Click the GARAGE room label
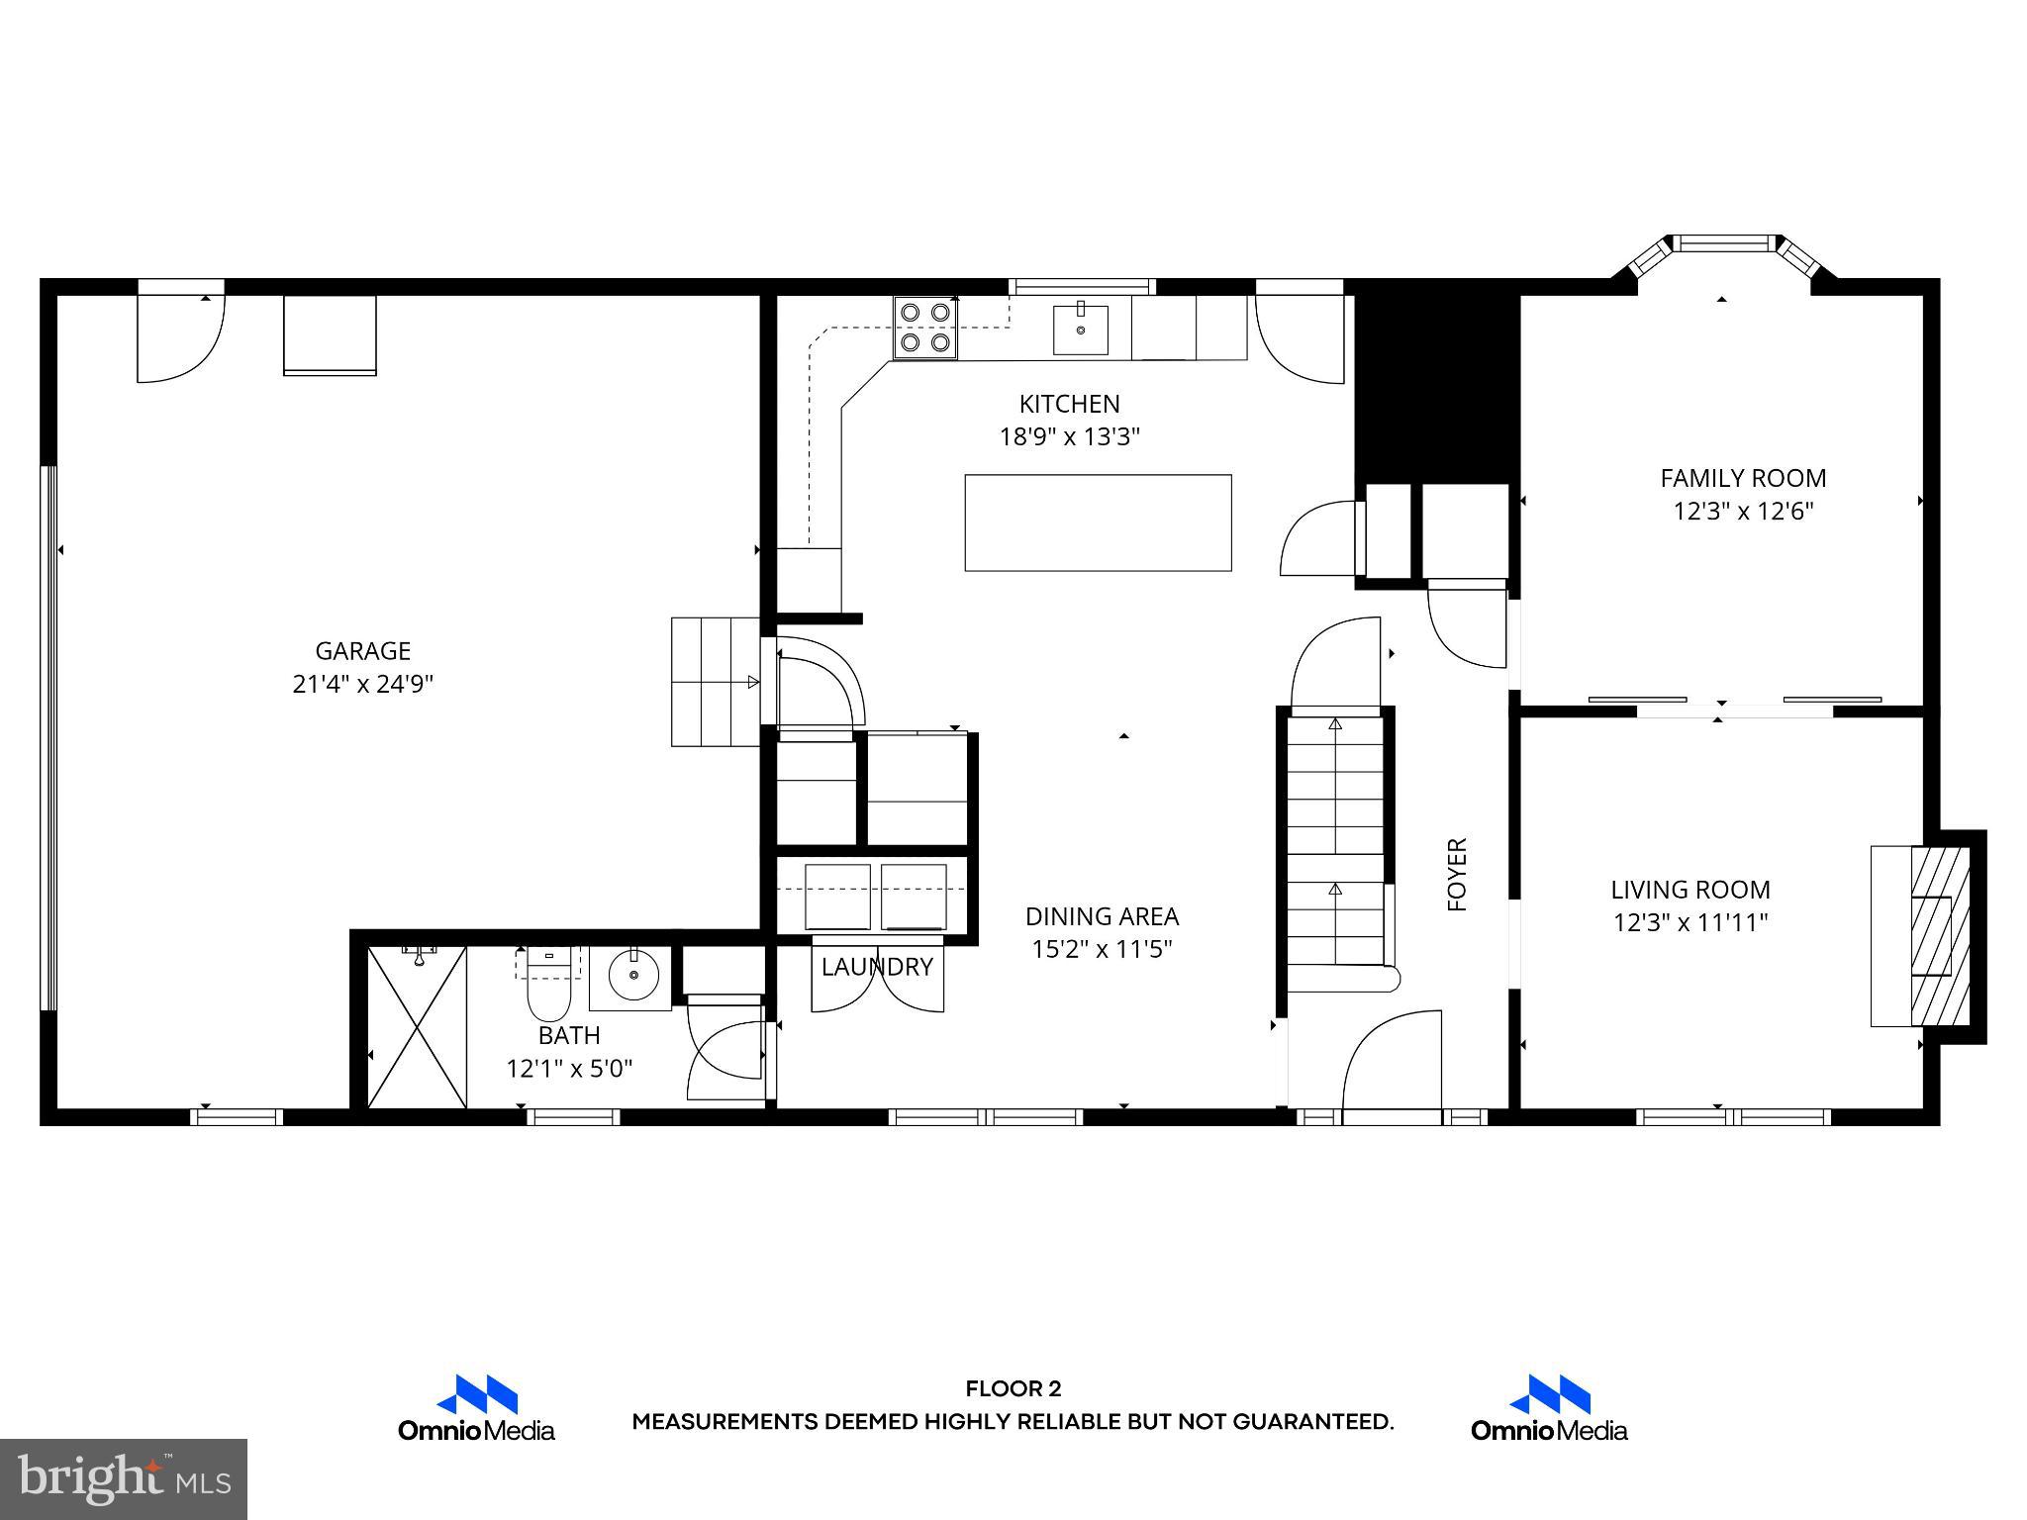[362, 651]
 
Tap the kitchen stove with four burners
[925, 328]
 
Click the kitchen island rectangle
[1098, 522]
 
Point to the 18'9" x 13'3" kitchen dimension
[1069, 436]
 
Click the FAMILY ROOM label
[1743, 478]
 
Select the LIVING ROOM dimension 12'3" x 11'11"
[1690, 922]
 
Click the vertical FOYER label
[1457, 874]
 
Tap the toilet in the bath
[547, 985]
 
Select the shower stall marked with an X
[417, 1027]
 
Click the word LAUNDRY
[877, 967]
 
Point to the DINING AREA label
[1102, 916]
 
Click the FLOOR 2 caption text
[1013, 1389]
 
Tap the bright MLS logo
[124, 1478]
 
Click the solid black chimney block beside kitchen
[1435, 386]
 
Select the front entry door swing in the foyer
[1391, 1064]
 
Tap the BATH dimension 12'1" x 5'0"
[569, 1069]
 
